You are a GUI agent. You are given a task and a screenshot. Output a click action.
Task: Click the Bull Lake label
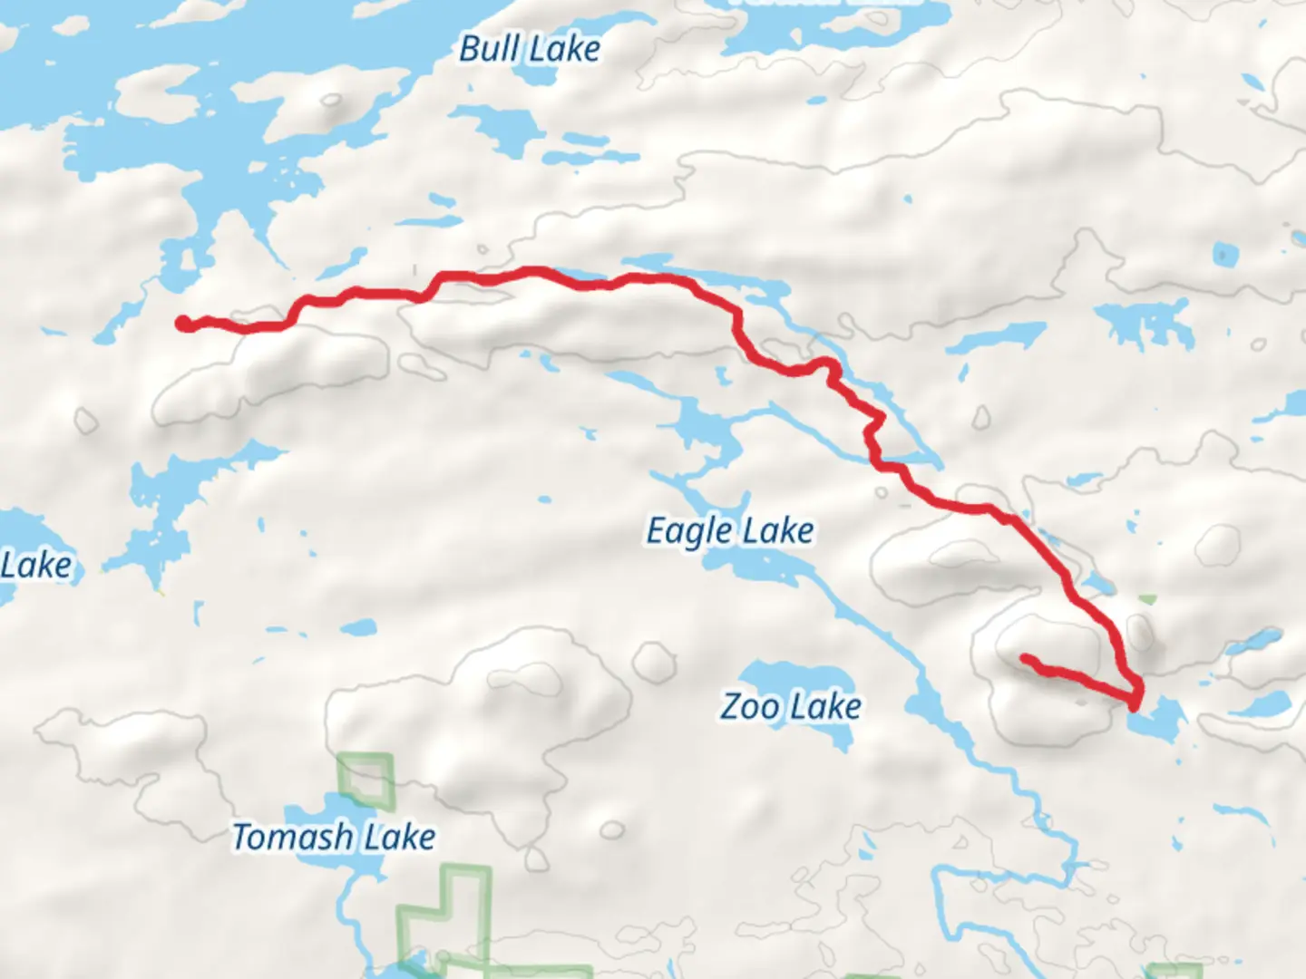click(530, 49)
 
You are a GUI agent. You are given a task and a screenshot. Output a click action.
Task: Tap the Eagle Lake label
click(729, 531)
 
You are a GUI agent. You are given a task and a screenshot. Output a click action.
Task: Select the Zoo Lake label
click(791, 706)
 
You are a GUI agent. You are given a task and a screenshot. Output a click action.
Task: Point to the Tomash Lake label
click(334, 837)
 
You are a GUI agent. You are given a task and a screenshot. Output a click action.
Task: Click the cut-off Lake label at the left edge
click(34, 566)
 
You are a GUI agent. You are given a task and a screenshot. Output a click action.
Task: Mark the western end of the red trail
click(183, 323)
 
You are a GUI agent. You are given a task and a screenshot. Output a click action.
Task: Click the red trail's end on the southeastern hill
click(1026, 659)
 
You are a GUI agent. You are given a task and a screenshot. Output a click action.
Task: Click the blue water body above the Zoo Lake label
click(794, 676)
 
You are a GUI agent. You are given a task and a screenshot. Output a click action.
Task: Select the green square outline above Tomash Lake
click(366, 779)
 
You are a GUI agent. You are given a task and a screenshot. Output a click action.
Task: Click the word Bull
click(489, 49)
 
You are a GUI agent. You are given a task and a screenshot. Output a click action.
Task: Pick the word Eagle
click(688, 531)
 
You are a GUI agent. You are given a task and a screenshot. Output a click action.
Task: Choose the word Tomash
click(291, 837)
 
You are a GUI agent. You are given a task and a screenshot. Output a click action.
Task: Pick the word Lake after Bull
click(565, 49)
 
